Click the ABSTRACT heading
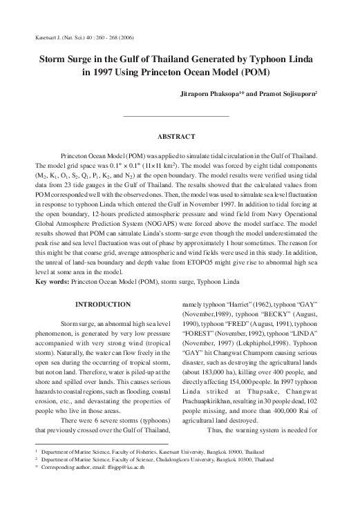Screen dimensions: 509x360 (176, 137)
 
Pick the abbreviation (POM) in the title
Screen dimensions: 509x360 (254, 73)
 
